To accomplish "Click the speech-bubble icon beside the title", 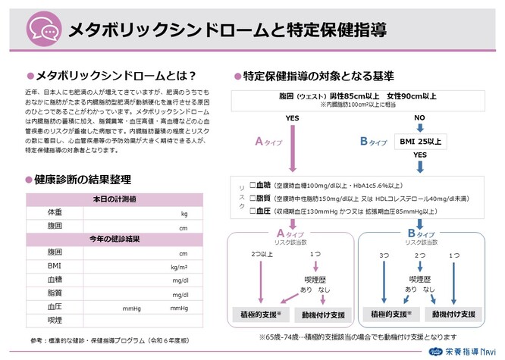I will [43, 30].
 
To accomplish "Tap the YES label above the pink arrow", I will [292, 119].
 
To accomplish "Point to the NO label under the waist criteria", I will [419, 119].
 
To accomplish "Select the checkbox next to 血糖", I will [254, 185].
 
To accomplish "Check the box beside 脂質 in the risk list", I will [254, 198].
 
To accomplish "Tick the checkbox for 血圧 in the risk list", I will [254, 211].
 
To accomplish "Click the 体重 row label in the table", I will [55, 213].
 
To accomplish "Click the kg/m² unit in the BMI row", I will [179, 267].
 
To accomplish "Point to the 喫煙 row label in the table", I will [55, 321].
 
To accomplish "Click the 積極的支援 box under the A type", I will [259, 313].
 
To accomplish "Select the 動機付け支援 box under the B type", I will [454, 313].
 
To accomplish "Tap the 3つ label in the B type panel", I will [384, 257].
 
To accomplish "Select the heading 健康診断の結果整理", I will [83, 180].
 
